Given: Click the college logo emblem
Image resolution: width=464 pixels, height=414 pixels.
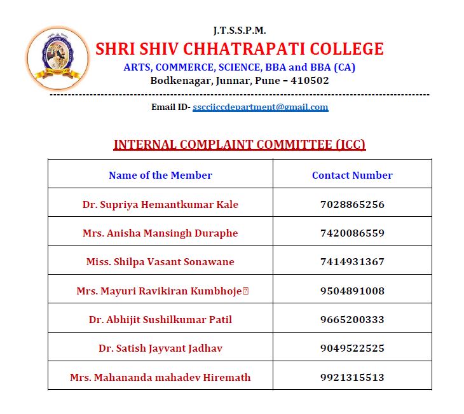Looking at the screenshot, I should [x=57, y=59].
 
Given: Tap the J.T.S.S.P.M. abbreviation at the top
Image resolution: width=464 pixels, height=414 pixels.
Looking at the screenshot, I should [x=240, y=31].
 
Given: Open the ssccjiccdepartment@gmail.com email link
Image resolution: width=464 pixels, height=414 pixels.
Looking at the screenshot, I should [x=261, y=107].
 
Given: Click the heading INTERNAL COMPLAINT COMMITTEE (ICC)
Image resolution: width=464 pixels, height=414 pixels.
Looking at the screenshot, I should [x=240, y=144].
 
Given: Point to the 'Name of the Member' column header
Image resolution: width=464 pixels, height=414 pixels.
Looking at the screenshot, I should [x=160, y=176].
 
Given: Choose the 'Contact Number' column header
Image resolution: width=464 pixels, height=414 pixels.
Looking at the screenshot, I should [x=352, y=176].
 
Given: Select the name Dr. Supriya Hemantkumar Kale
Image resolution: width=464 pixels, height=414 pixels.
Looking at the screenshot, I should [x=160, y=205].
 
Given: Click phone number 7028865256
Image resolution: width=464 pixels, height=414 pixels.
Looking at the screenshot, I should [x=352, y=205].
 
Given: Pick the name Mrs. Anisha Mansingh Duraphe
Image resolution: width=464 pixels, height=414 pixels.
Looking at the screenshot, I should [x=160, y=233].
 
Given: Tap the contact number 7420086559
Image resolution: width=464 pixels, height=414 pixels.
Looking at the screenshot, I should [x=352, y=233].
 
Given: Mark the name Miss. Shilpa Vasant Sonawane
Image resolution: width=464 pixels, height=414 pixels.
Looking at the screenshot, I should [x=160, y=262].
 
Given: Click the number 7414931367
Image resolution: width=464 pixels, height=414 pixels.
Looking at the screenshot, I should [x=352, y=262].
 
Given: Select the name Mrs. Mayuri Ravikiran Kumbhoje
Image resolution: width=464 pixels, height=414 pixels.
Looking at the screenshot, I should [x=159, y=291].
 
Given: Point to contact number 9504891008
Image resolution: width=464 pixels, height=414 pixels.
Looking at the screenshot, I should [x=352, y=291].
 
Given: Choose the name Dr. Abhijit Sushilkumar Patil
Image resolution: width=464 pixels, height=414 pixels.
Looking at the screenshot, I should [x=160, y=320].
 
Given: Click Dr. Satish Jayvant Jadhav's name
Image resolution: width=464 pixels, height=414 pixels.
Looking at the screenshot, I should [x=160, y=348].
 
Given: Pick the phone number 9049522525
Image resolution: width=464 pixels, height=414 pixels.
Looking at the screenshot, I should [x=352, y=348].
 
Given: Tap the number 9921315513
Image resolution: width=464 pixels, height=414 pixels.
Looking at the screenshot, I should [x=352, y=378].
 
